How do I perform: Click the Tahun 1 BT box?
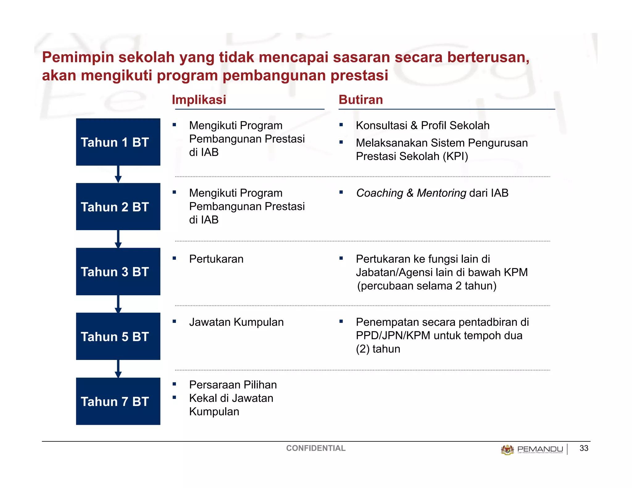tap(118, 142)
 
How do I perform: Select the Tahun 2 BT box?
tap(118, 207)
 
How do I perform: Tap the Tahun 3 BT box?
tap(118, 271)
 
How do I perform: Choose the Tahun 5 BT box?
tap(118, 336)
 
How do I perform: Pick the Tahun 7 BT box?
tap(118, 401)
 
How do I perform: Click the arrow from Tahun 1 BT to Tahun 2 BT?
tap(118, 174)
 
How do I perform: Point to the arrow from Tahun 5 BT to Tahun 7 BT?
tap(118, 369)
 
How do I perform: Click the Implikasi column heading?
tap(199, 100)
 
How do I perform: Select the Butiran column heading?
tap(360, 100)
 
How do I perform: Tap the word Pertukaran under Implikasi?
tap(216, 259)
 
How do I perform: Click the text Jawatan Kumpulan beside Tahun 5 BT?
tap(236, 322)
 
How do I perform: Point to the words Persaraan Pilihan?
tap(233, 385)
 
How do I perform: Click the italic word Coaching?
tap(380, 193)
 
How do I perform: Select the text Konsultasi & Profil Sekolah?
tap(422, 126)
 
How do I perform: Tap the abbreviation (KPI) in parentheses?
tap(455, 156)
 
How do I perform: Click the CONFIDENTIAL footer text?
tap(315, 448)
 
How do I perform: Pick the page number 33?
tap(584, 448)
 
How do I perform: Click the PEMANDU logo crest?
tap(507, 449)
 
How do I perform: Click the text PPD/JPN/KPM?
tap(393, 336)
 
